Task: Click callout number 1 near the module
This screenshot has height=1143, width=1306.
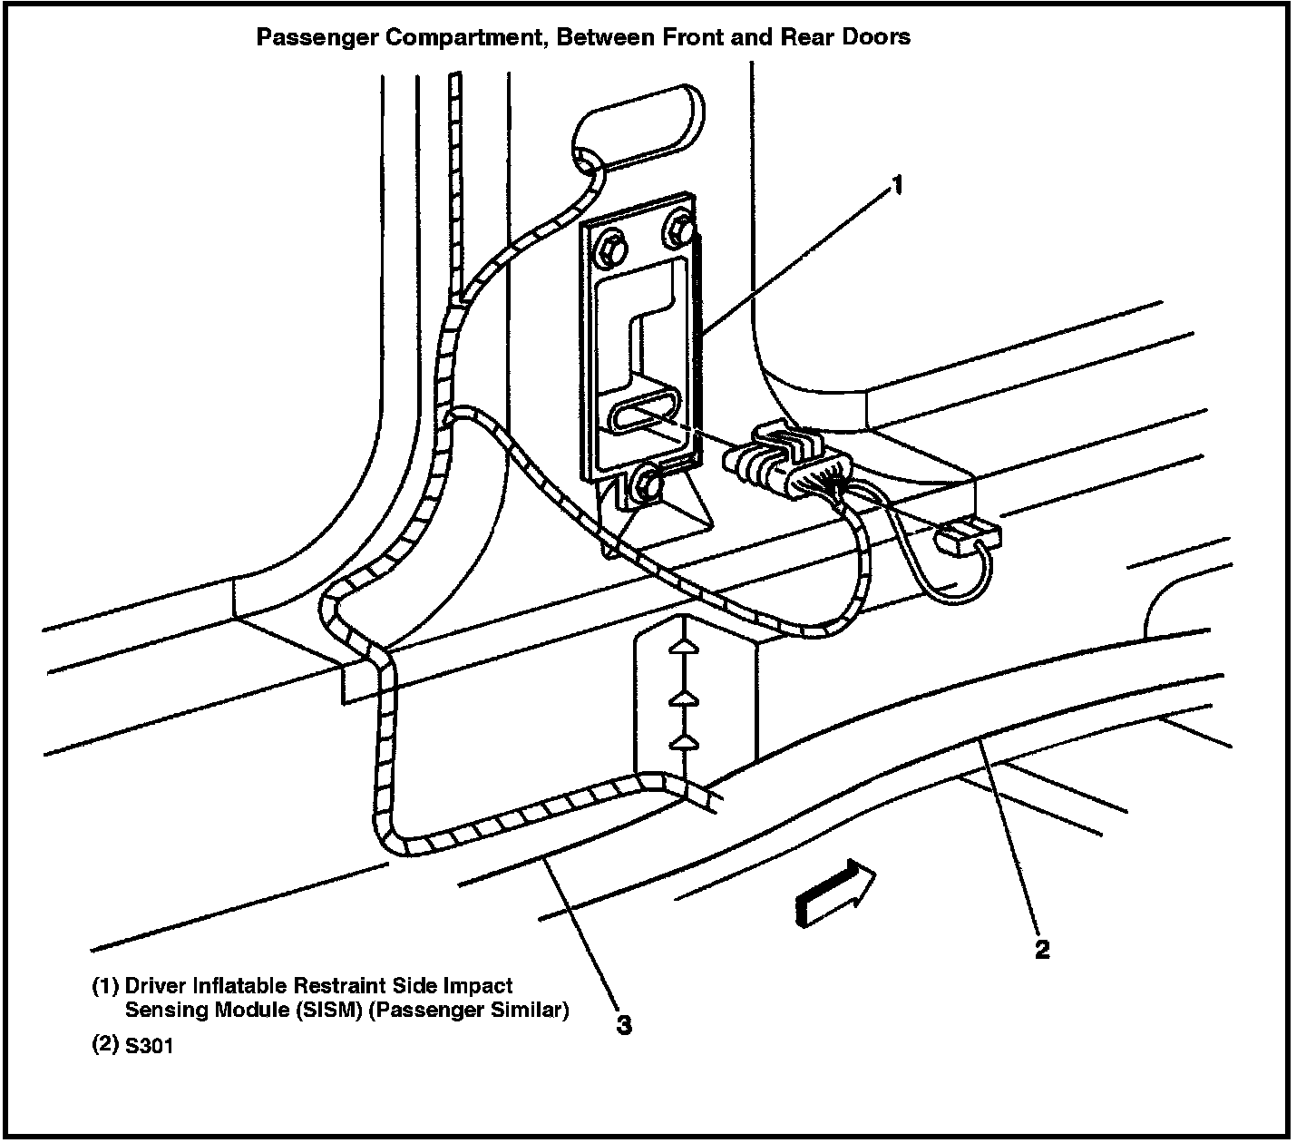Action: click(896, 186)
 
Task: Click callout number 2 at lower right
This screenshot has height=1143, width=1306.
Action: click(1042, 949)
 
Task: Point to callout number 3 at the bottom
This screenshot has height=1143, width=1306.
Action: click(624, 1025)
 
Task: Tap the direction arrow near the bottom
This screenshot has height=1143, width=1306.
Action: click(835, 894)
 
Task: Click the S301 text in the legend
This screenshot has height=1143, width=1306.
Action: click(149, 1046)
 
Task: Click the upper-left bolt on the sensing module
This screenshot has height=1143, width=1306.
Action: click(611, 246)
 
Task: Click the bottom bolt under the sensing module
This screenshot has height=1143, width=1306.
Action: click(648, 487)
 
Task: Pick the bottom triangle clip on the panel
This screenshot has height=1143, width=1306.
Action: click(685, 742)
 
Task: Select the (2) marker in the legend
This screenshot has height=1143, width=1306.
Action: click(105, 1045)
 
